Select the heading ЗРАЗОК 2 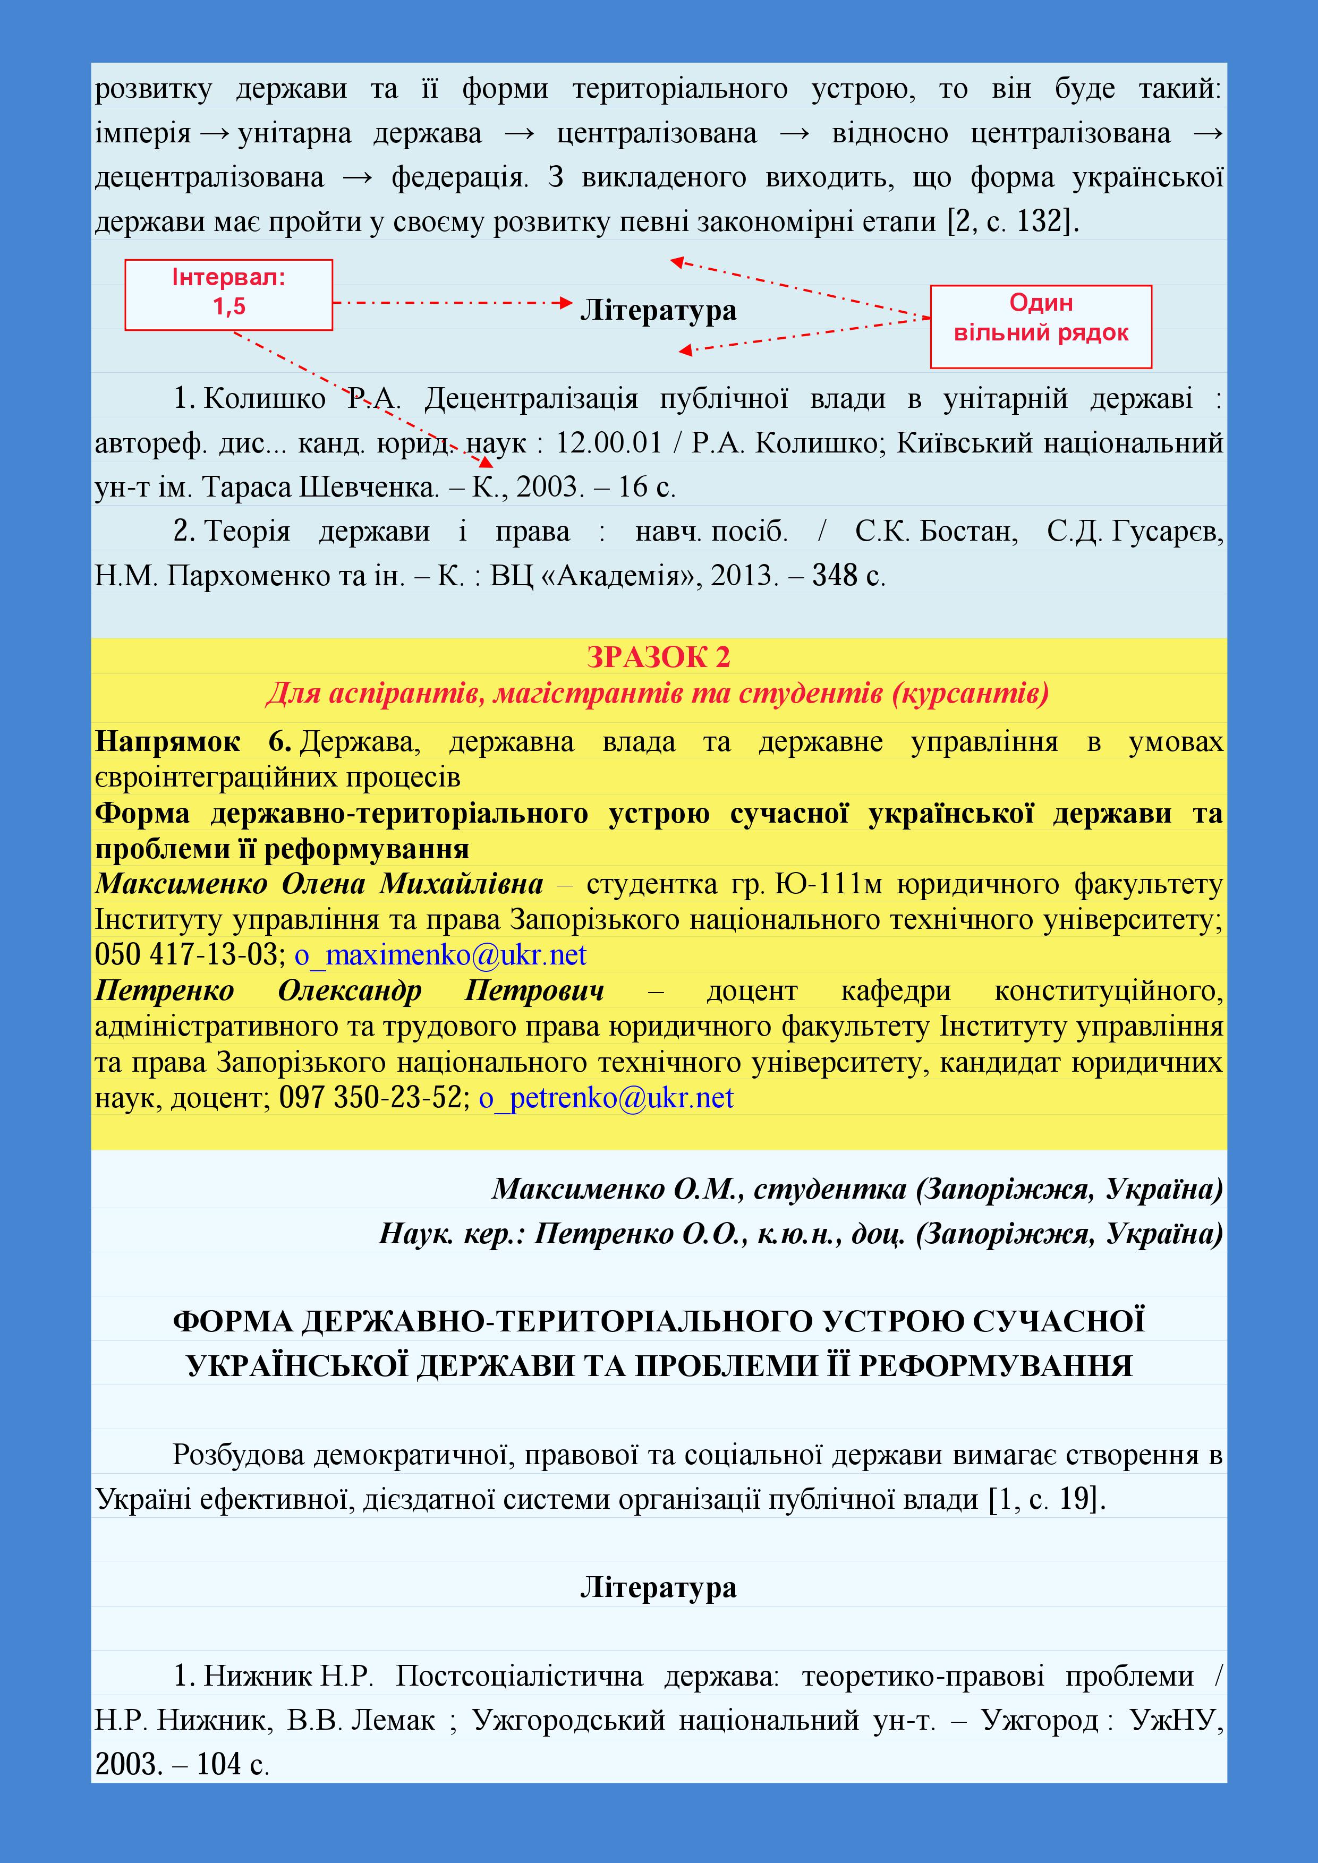(x=658, y=657)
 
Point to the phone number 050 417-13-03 (x=186, y=955)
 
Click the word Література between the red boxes (x=658, y=311)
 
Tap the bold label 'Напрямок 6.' (x=193, y=741)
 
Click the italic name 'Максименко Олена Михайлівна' (x=319, y=884)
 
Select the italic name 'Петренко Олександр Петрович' (x=349, y=991)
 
